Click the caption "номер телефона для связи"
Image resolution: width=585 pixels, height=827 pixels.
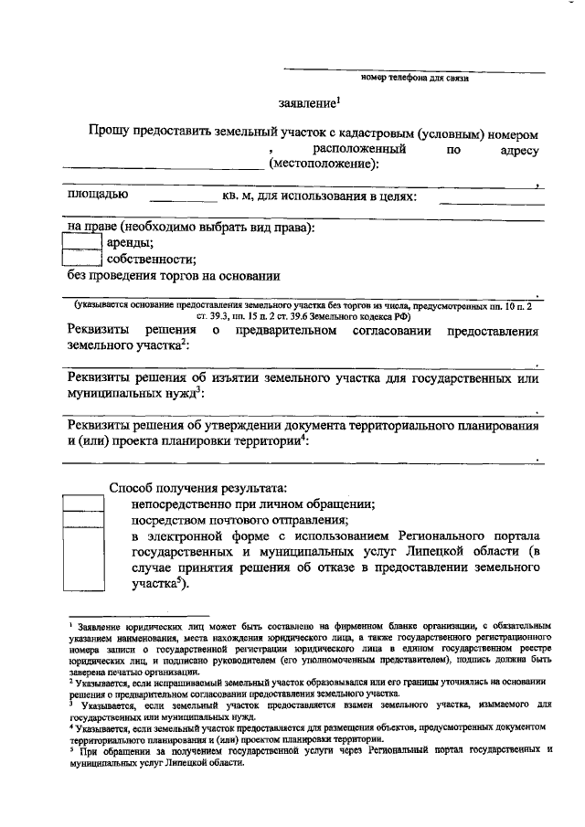coord(415,79)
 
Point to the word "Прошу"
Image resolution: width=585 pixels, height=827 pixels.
coord(109,133)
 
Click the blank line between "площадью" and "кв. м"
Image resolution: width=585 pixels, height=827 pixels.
coord(183,200)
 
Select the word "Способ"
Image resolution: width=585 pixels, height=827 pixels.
coord(133,487)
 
